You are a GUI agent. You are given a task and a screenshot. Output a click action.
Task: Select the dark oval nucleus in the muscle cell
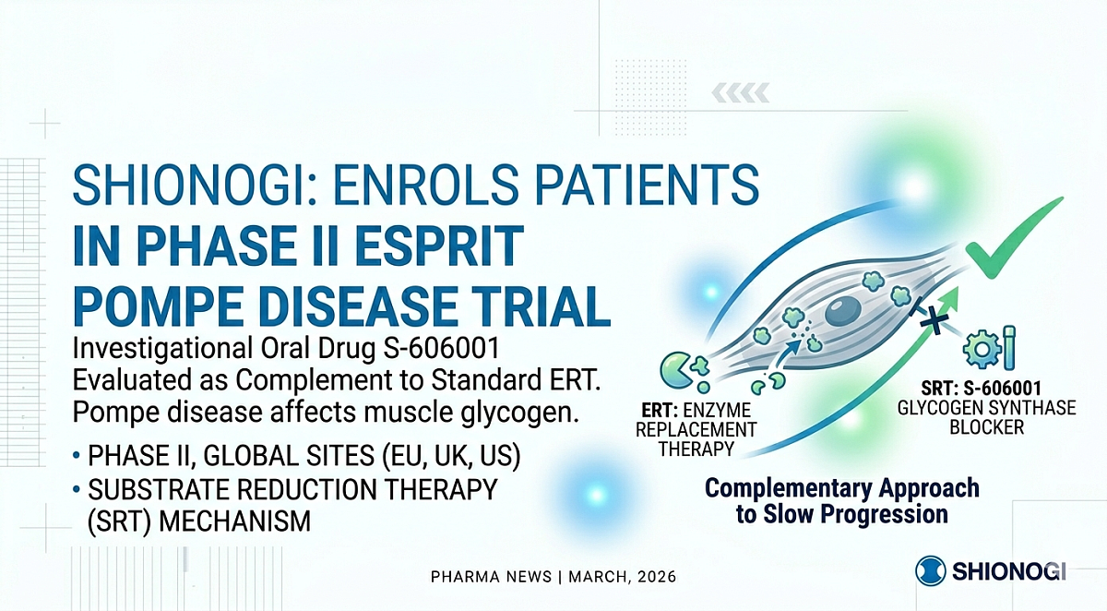tap(842, 316)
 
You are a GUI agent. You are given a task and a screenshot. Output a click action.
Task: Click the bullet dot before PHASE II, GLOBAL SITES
tap(75, 456)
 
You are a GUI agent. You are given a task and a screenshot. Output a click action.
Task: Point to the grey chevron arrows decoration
tap(743, 92)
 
